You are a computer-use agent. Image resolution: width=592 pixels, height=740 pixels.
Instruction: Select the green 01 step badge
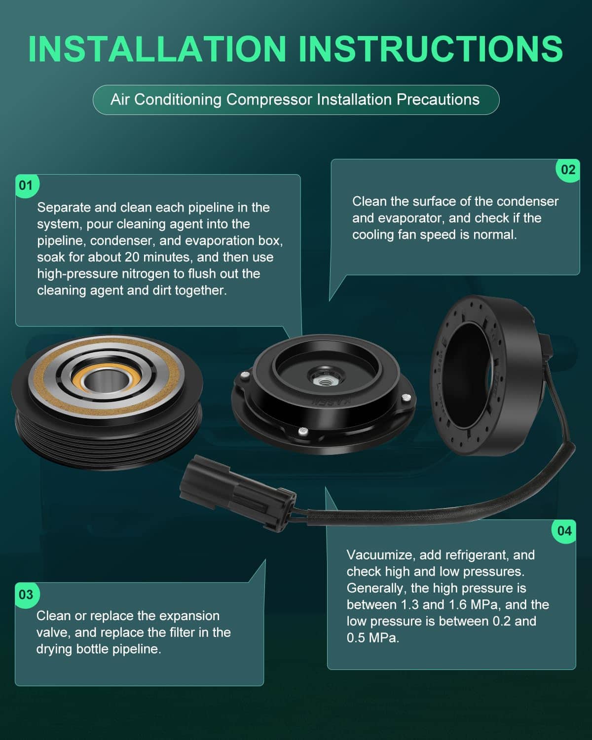(x=27, y=185)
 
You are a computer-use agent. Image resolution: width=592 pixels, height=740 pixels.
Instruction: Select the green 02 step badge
(x=568, y=170)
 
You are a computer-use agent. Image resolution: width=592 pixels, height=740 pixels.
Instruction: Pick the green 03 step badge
(x=27, y=594)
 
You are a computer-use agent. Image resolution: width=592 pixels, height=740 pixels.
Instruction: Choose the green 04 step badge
(x=564, y=531)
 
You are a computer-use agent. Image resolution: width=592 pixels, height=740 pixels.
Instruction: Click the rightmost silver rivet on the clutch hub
(x=406, y=398)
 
